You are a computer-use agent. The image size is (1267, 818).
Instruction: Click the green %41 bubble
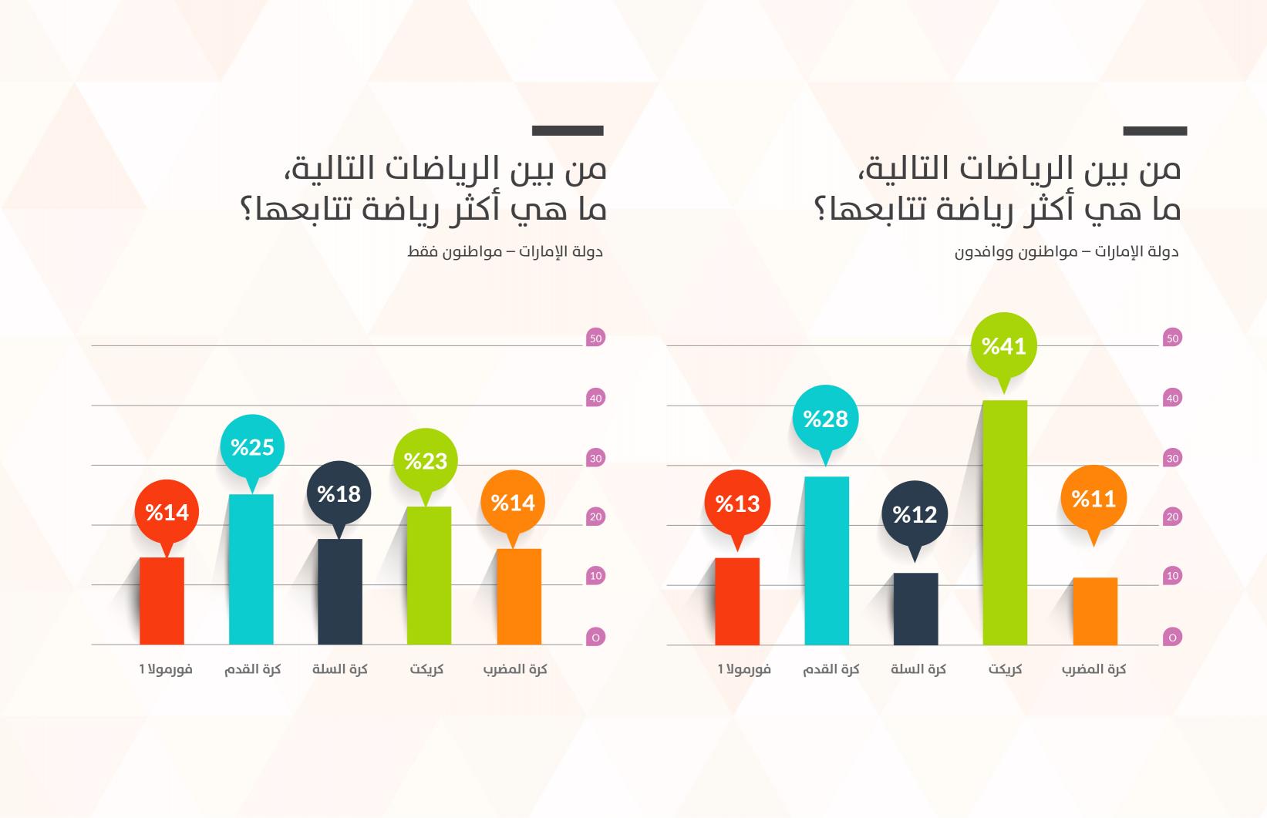click(x=1003, y=345)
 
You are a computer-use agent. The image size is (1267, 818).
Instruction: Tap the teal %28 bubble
click(x=825, y=419)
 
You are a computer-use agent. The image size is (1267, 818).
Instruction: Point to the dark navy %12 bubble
click(x=915, y=514)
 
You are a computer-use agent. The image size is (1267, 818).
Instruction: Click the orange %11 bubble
click(x=1093, y=499)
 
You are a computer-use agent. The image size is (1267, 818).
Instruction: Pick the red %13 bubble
click(x=737, y=503)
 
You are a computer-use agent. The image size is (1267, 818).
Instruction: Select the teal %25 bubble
click(x=252, y=447)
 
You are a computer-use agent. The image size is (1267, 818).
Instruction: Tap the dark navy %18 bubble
click(x=339, y=493)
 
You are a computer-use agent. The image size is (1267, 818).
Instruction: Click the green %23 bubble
click(x=426, y=461)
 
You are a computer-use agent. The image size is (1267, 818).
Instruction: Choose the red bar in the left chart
click(x=162, y=601)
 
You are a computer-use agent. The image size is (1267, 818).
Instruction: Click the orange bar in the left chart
click(x=519, y=597)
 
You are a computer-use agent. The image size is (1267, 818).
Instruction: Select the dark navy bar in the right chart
click(x=915, y=608)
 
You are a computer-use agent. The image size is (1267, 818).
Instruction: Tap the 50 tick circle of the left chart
click(x=595, y=338)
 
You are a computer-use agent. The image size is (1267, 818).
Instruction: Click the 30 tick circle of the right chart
click(x=1172, y=458)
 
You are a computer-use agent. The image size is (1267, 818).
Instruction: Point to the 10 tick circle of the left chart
click(x=595, y=576)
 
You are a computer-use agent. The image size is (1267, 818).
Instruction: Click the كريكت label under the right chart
click(x=1005, y=669)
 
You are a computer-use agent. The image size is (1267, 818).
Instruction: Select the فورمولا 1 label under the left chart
click(x=166, y=669)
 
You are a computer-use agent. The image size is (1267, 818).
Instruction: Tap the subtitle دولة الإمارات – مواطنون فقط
click(x=505, y=252)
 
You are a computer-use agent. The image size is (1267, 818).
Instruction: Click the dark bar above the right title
click(x=1154, y=131)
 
